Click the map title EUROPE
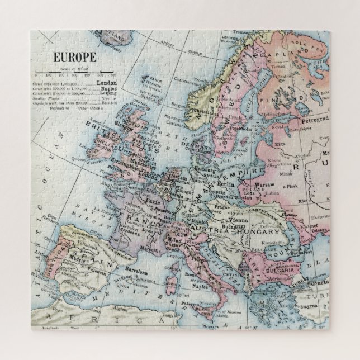(74, 56)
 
